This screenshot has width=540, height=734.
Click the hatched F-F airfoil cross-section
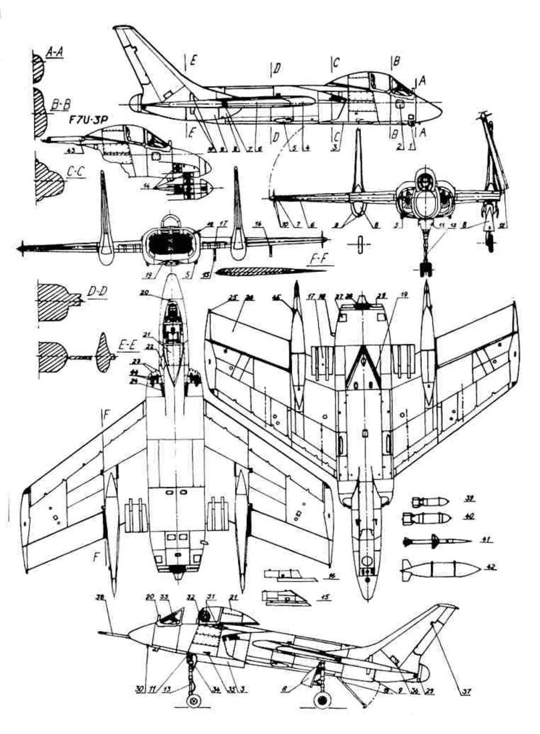click(261, 270)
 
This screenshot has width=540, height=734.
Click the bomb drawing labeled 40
click(422, 518)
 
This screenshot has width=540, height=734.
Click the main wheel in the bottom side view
click(323, 702)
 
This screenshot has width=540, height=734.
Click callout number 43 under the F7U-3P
click(53, 150)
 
